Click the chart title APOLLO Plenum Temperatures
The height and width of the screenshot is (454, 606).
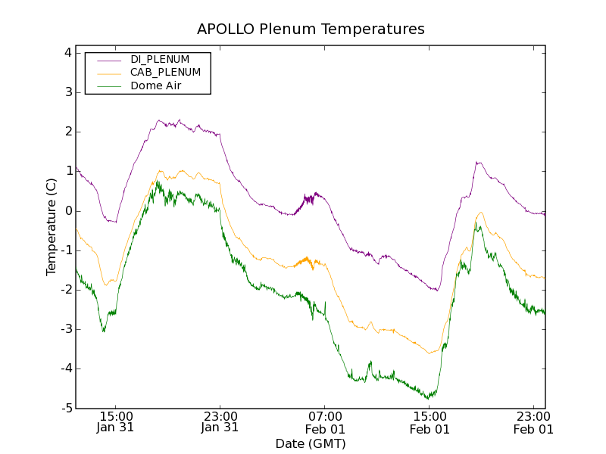point(311,30)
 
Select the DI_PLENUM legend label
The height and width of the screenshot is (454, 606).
point(160,59)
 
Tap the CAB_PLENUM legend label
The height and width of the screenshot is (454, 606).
point(165,72)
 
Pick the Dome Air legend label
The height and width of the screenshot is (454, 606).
point(155,86)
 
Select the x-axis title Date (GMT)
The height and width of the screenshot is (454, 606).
point(311,443)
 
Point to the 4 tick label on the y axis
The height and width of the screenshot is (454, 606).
point(67,53)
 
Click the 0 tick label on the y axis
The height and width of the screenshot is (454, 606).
point(67,210)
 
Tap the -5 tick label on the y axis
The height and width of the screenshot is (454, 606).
point(66,408)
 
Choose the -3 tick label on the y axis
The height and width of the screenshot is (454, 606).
point(66,329)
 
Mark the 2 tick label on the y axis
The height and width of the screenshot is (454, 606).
point(67,132)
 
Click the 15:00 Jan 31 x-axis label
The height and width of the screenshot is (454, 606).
point(116,421)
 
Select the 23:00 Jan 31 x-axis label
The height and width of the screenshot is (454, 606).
point(220,421)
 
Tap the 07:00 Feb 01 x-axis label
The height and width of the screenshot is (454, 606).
point(325,421)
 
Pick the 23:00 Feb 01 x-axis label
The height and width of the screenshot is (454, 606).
point(534,421)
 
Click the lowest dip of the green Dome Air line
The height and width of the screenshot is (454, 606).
point(429,397)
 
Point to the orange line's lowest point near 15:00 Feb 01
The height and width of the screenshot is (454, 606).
point(429,353)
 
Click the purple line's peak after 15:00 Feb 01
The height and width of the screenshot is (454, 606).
point(478,162)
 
